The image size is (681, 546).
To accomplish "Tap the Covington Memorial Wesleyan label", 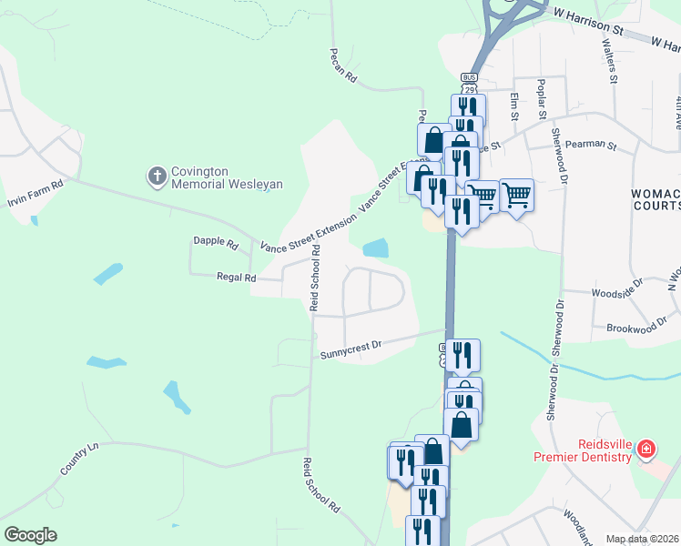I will [227, 177].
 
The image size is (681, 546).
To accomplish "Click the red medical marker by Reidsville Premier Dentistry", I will [645, 449].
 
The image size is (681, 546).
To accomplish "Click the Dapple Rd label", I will [215, 243].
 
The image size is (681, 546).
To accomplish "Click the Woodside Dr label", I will [616, 293].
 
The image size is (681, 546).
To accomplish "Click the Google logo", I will [30, 535].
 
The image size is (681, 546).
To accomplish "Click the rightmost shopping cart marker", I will [516, 193].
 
